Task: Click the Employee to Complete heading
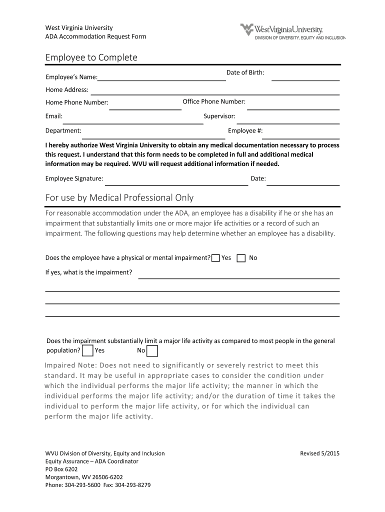pyautogui.click(x=91, y=58)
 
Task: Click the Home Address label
pyautogui.click(x=67, y=90)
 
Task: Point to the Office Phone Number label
pyautogui.click(x=214, y=101)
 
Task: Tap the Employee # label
pyautogui.click(x=245, y=130)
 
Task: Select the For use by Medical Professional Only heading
pyautogui.click(x=119, y=198)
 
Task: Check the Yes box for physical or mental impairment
pyautogui.click(x=215, y=258)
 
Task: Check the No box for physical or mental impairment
pyautogui.click(x=241, y=258)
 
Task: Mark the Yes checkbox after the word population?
pyautogui.click(x=87, y=350)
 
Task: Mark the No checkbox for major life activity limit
pyautogui.click(x=152, y=350)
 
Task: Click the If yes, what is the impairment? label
pyautogui.click(x=88, y=272)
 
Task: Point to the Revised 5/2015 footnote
pyautogui.click(x=319, y=453)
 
